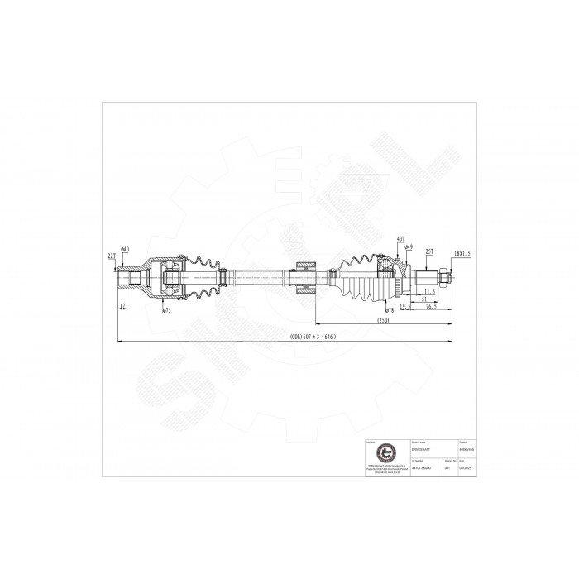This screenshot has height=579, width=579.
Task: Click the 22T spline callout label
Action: (x=111, y=257)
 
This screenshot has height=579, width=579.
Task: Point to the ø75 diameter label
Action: (x=167, y=310)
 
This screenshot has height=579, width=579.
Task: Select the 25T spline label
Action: (x=429, y=252)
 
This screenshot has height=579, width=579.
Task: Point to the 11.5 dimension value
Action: (x=429, y=292)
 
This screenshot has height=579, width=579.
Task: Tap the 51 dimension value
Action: (x=424, y=299)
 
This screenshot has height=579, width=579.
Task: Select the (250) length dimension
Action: (x=381, y=319)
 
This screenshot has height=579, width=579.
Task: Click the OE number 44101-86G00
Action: (x=419, y=467)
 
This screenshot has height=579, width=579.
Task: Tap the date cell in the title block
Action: (x=474, y=467)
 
